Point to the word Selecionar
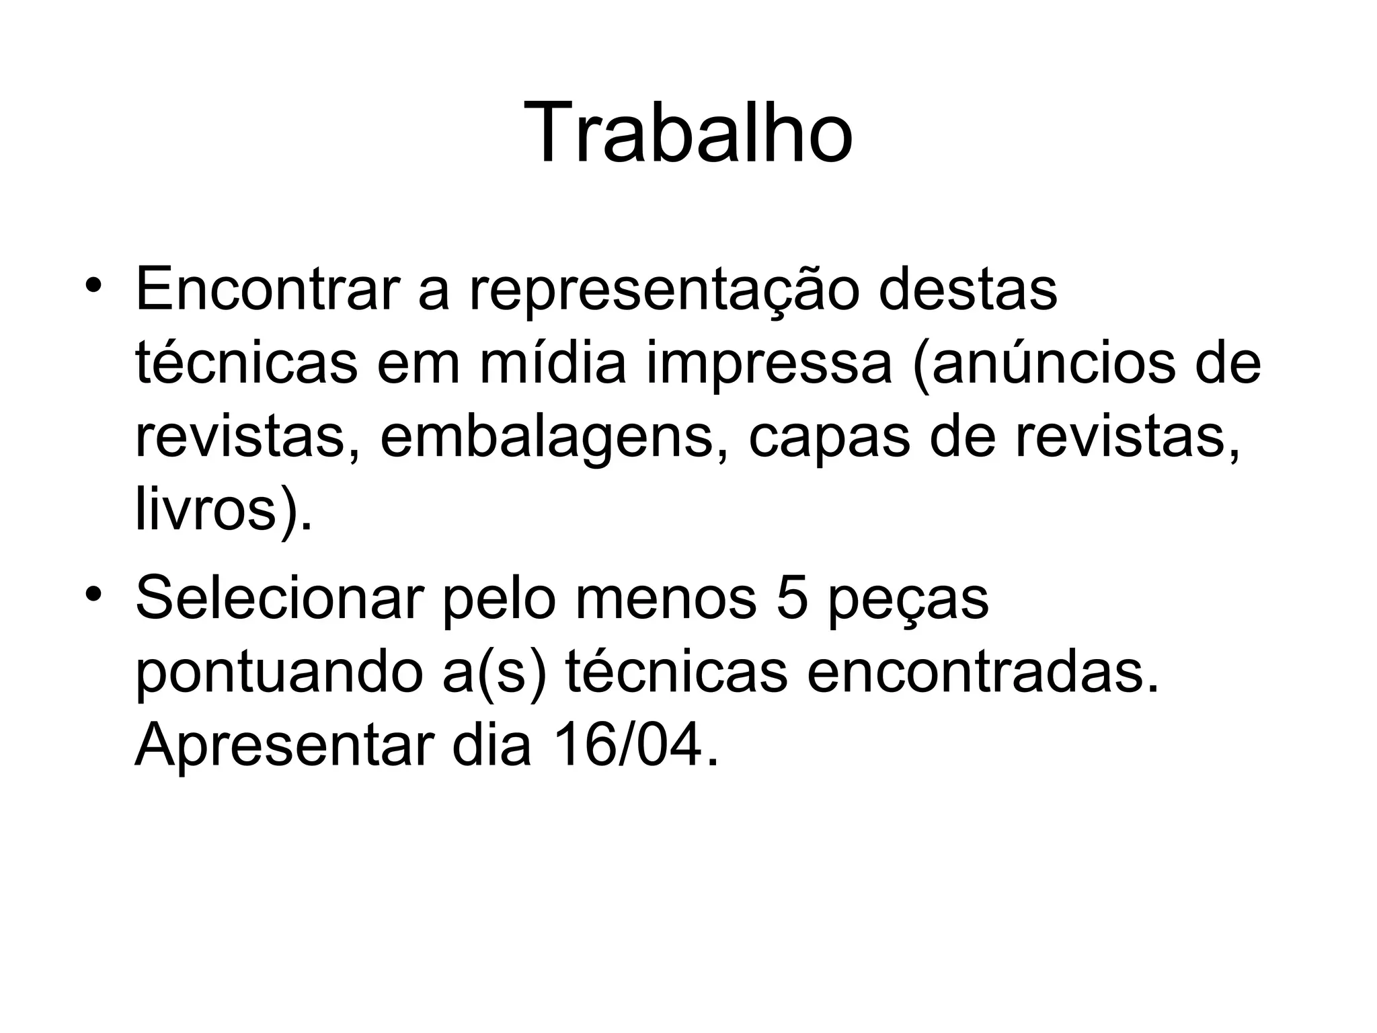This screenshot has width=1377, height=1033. click(279, 597)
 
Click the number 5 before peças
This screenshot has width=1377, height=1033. click(792, 597)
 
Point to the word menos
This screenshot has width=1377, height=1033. click(665, 598)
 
